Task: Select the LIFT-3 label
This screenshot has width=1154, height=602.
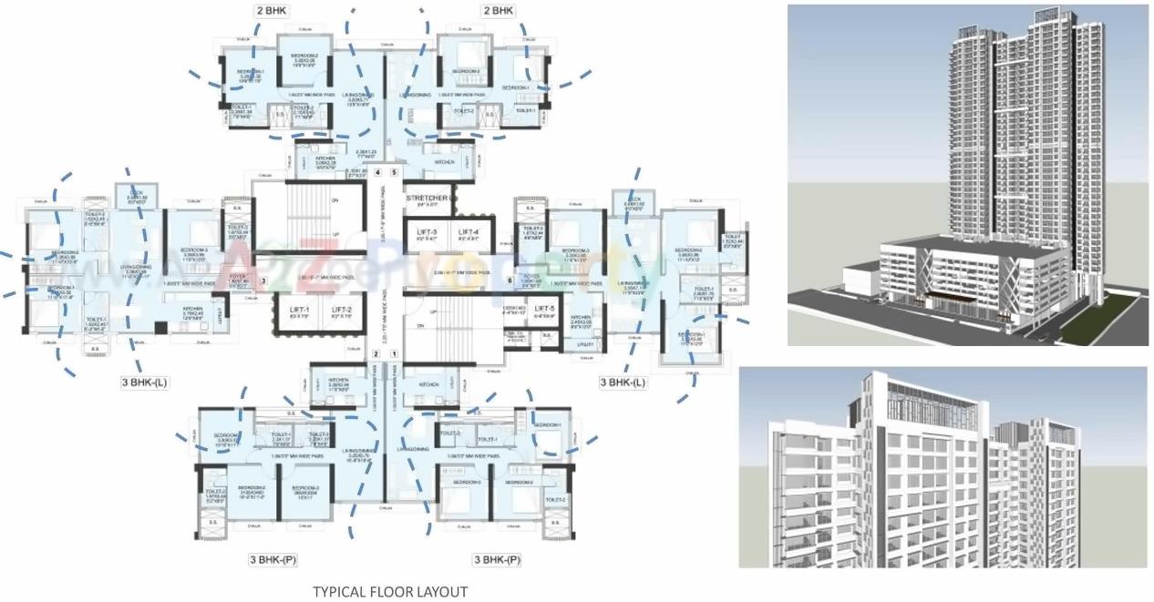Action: pos(428,232)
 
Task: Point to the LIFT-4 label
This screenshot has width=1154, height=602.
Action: pos(469,232)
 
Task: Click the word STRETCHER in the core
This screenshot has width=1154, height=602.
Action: pos(427,198)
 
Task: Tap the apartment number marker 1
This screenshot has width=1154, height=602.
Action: pos(394,353)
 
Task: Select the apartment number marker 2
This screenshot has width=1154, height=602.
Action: pos(376,353)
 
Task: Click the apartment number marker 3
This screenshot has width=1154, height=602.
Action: pos(263,281)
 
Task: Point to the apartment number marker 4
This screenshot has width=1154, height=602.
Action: pos(376,171)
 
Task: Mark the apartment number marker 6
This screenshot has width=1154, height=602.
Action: pos(510,281)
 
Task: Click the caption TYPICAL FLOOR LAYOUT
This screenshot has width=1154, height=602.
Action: pos(390,592)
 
